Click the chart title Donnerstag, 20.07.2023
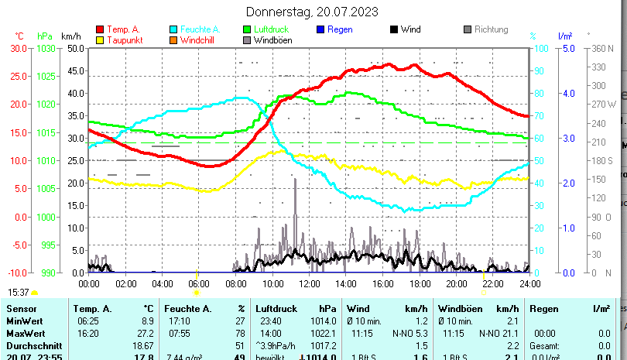[x=312, y=12]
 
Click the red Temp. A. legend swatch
[x=101, y=30]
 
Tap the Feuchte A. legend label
[x=198, y=30]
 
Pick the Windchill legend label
[x=199, y=40]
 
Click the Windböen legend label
[x=272, y=40]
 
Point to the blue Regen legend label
[x=340, y=30]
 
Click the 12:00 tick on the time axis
[x=309, y=284]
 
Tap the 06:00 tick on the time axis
[x=199, y=284]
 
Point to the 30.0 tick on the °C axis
[x=18, y=48]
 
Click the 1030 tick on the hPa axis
[x=46, y=48]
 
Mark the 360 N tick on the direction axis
[x=601, y=48]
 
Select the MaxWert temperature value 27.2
[x=143, y=333]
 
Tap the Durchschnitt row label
[x=32, y=345]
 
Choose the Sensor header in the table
[x=21, y=309]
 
